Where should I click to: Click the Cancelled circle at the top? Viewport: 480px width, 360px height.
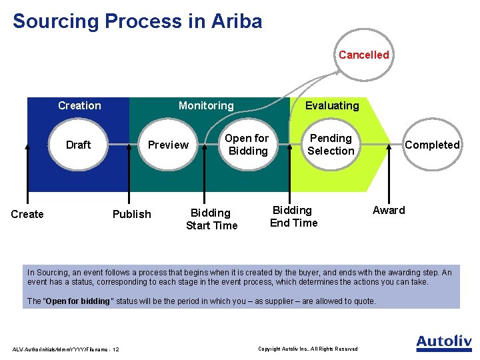click(x=363, y=55)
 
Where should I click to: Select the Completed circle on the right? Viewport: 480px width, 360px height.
click(x=432, y=145)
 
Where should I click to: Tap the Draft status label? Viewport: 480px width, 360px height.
click(x=78, y=145)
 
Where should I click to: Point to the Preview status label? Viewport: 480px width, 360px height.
click(x=168, y=145)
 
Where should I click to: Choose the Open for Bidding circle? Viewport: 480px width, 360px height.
click(x=247, y=145)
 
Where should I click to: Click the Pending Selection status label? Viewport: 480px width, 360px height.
click(x=331, y=145)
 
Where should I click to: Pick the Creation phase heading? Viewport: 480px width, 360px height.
click(x=79, y=105)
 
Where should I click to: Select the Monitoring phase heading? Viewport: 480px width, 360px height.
click(x=206, y=105)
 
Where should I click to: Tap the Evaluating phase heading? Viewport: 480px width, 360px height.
click(x=331, y=105)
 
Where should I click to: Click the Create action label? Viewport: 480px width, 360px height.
click(x=27, y=214)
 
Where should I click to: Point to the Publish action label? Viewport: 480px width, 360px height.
click(x=131, y=214)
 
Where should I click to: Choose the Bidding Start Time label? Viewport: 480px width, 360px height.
click(x=211, y=219)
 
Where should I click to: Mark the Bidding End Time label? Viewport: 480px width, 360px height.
click(x=293, y=217)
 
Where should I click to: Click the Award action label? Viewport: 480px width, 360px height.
click(x=389, y=211)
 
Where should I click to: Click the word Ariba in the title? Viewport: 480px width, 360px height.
click(x=237, y=21)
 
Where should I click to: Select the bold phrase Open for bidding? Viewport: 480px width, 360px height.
click(x=77, y=301)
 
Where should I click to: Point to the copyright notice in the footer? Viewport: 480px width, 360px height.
click(x=307, y=349)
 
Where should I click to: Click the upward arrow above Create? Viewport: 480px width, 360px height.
click(x=27, y=173)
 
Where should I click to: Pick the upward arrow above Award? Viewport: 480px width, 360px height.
click(x=389, y=170)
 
